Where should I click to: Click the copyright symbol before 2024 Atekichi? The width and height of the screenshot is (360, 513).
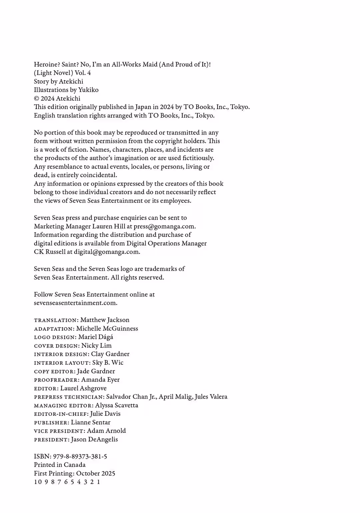37,99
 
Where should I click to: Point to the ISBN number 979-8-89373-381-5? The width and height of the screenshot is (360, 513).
80,456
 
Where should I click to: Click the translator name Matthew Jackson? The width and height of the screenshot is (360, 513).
105,320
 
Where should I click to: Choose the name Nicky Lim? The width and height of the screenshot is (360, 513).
96,345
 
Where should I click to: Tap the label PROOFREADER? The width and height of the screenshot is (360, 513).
56,380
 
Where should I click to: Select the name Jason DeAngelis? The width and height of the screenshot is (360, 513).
94,439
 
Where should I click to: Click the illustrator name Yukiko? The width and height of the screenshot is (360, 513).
88,90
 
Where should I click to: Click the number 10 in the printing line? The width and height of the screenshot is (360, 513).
38,482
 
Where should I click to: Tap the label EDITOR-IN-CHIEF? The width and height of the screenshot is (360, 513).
61,414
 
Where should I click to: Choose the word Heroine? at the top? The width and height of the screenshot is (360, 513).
47,65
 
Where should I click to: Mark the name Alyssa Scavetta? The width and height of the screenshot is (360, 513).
116,405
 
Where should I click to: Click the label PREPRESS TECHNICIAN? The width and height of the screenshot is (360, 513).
69,397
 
